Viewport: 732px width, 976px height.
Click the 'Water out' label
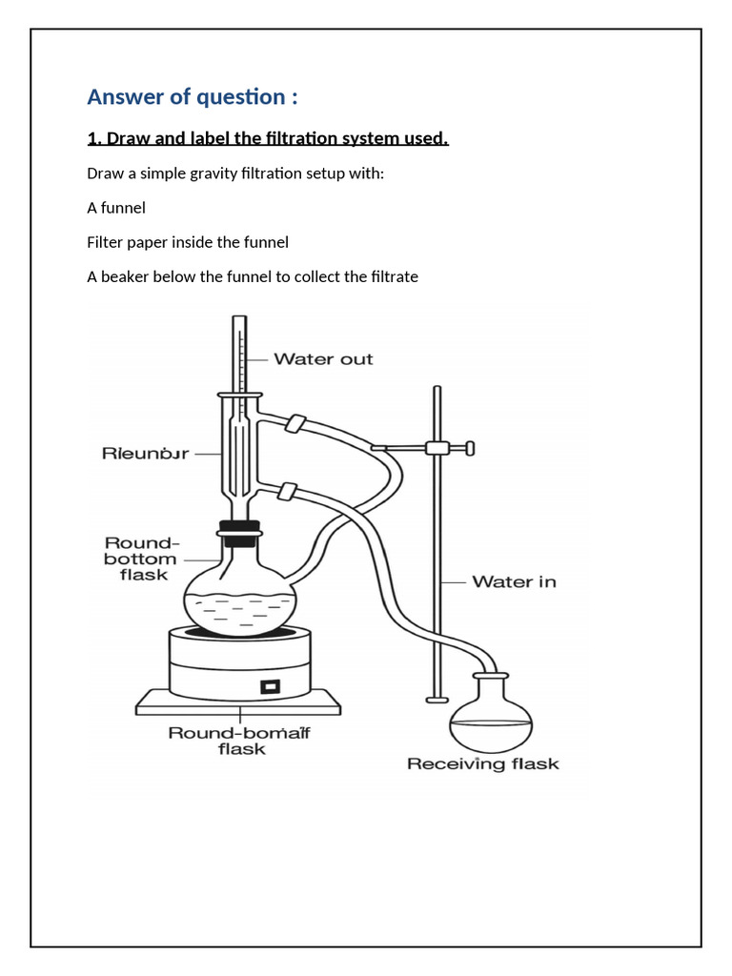click(x=323, y=359)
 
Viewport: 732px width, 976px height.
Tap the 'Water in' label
click(x=514, y=581)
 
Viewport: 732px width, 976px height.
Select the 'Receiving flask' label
click(x=482, y=763)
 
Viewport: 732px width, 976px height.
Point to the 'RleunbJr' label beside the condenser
click(x=145, y=454)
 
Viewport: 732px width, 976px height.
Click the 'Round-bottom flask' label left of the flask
click(x=140, y=559)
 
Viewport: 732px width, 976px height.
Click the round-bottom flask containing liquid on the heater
click(x=239, y=596)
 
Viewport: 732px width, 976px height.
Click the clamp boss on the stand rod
click(x=438, y=448)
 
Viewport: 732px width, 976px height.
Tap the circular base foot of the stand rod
click(x=437, y=700)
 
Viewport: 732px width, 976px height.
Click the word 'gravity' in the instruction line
click(x=210, y=173)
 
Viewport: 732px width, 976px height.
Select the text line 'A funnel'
click(x=116, y=208)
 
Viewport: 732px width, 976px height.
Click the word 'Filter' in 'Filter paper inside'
click(x=106, y=242)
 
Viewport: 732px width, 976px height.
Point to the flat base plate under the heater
click(x=238, y=705)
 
